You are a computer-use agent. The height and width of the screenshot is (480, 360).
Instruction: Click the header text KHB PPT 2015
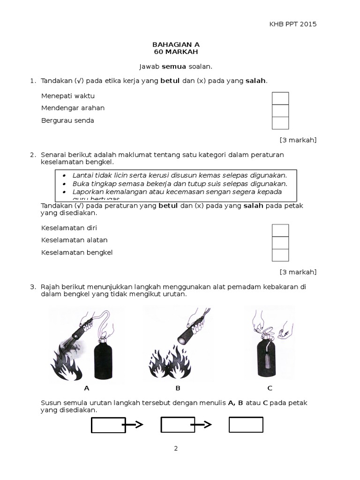point(293,24)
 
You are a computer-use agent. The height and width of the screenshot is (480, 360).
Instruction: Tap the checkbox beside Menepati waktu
point(280,98)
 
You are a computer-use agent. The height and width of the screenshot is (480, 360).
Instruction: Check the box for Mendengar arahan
point(280,111)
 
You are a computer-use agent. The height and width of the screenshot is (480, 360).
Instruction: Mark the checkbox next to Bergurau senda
point(280,123)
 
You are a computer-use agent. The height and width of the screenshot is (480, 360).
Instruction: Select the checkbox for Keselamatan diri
point(280,231)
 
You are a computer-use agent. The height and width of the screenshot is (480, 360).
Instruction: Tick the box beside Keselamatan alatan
point(280,243)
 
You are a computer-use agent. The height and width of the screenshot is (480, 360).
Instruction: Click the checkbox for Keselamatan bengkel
point(280,255)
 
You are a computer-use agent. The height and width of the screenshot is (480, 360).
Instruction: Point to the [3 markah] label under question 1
point(298,140)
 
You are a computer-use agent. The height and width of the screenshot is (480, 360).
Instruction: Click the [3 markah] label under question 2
point(298,272)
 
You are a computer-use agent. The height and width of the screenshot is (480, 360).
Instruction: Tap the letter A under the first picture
point(86,388)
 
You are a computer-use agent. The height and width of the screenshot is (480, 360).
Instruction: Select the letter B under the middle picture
point(178,388)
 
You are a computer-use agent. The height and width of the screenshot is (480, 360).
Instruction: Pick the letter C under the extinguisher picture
point(270,388)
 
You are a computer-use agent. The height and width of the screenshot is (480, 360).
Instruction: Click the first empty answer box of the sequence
point(108,425)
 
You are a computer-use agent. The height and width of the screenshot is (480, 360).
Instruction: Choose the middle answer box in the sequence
point(178,425)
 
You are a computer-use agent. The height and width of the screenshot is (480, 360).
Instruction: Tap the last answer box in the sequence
point(246,425)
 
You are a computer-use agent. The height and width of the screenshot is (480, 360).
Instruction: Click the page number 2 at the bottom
point(176,449)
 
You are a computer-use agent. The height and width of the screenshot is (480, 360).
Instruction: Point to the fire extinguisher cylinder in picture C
point(266,359)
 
